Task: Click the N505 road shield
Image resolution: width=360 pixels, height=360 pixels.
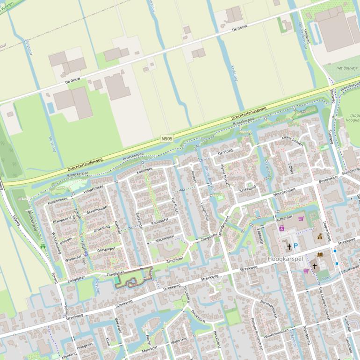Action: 167,139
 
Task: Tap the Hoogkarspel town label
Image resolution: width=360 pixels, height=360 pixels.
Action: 286,259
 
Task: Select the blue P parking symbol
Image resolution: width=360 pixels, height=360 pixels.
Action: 295,245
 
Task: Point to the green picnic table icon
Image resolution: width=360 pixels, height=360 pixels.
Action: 43,246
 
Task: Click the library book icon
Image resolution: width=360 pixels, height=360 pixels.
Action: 320,255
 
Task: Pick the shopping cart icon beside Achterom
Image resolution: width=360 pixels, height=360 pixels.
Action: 301,218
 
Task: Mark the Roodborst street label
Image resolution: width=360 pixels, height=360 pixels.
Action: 160,223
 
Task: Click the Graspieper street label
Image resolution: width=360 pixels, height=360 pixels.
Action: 107,249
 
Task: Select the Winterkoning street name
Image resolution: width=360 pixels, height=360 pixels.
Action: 56,243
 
